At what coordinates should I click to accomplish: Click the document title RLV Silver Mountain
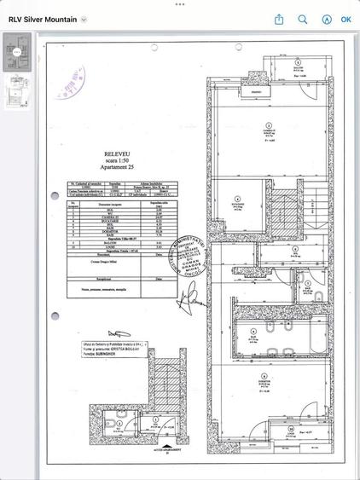(43, 19)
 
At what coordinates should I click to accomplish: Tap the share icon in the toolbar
(279, 19)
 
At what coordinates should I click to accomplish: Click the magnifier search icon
(303, 19)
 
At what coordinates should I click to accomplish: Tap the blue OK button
(345, 19)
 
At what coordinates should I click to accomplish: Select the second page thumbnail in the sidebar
(16, 92)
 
